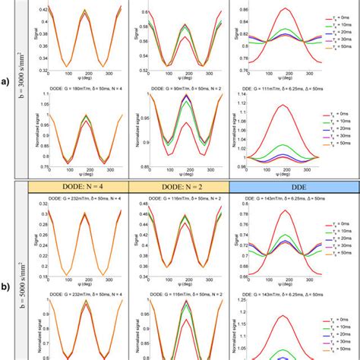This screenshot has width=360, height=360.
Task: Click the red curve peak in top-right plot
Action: point(286,8)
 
